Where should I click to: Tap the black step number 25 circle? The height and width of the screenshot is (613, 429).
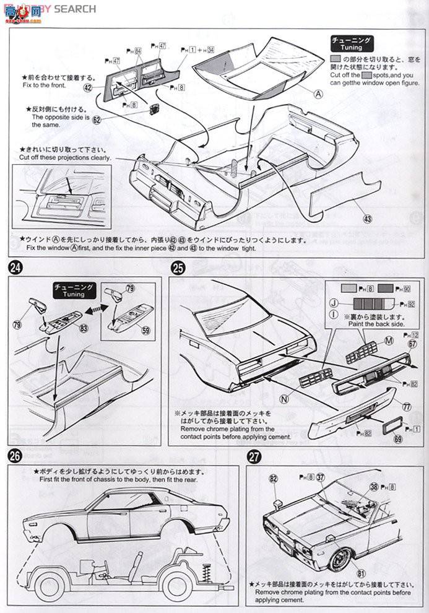pos(178,268)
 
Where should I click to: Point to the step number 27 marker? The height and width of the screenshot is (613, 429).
pos(254,456)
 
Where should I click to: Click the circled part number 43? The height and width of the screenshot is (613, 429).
pos(367,219)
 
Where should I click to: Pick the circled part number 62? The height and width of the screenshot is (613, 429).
pos(97,120)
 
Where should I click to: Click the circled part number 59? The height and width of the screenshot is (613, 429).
pos(146,331)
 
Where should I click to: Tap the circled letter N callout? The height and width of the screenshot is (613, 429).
pos(284,399)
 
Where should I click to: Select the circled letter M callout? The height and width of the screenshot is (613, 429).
pos(388,340)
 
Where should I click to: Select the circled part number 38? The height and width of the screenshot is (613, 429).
pos(373,487)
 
